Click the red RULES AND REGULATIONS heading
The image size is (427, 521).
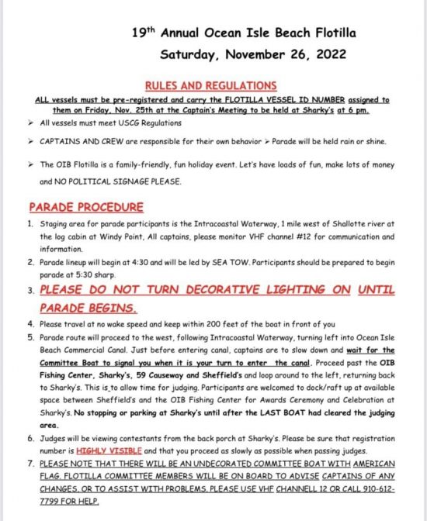210,86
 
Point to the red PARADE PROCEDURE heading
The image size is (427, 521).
85,207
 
